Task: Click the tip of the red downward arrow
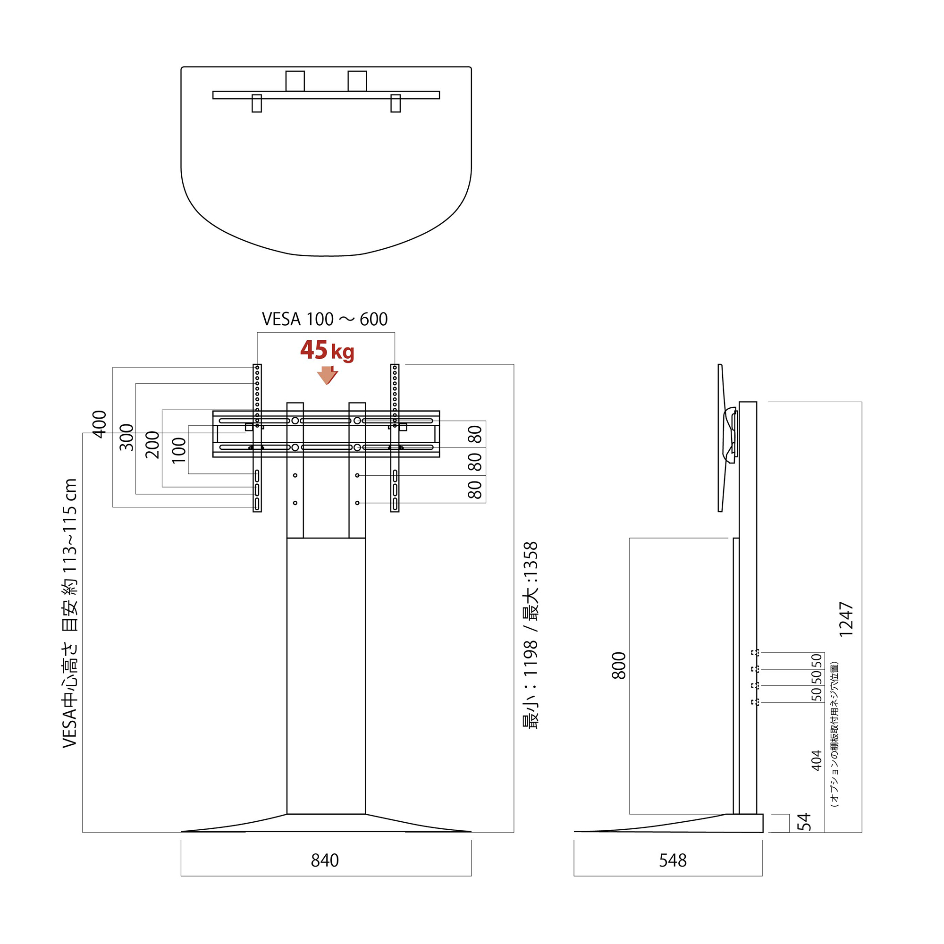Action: click(x=327, y=385)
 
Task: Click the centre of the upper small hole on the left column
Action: click(x=295, y=475)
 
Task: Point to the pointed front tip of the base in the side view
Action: click(x=574, y=831)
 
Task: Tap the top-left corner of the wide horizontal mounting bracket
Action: click(x=213, y=411)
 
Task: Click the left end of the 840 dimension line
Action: click(x=181, y=876)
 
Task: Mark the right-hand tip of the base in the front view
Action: click(x=471, y=831)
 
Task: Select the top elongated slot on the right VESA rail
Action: click(x=395, y=476)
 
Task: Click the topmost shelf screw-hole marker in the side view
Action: click(x=755, y=652)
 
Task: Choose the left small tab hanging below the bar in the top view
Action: click(x=256, y=103)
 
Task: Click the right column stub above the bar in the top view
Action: click(x=357, y=81)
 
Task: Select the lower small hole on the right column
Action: click(x=357, y=503)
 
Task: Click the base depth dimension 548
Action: click(x=673, y=860)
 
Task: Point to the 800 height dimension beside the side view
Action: click(x=619, y=666)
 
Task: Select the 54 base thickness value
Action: click(x=804, y=822)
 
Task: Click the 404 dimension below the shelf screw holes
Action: click(x=817, y=761)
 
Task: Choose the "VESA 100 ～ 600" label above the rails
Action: click(x=325, y=319)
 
